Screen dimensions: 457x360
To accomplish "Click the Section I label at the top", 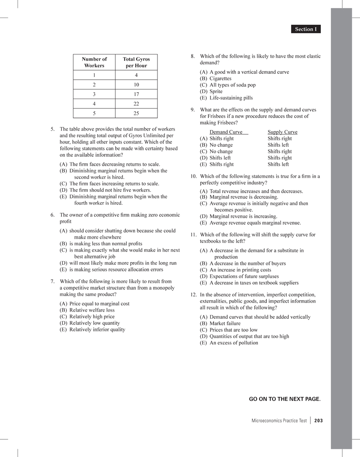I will click(306, 29).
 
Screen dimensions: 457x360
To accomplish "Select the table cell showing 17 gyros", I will click(136, 94).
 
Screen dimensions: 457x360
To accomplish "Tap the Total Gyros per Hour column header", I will click(136, 62).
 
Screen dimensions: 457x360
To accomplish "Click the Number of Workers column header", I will click(94, 62).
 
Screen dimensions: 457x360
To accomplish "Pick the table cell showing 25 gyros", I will click(136, 113).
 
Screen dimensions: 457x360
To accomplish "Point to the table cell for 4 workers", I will click(94, 104).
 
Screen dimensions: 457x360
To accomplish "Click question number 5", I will click(53, 129).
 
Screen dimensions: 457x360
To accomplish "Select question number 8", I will click(193, 56).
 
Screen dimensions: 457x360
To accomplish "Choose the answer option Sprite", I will click(219, 91).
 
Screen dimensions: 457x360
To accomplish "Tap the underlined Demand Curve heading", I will click(226, 132).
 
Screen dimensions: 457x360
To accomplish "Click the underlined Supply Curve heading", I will click(282, 132).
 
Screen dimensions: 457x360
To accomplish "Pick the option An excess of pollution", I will click(234, 343).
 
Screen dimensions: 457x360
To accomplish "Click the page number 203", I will click(319, 421).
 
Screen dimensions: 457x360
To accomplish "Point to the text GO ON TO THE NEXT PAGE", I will click(284, 399).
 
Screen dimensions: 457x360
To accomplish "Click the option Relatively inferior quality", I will click(97, 329).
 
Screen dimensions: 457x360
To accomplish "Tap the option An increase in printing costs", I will click(241, 270).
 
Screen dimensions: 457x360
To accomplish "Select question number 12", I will click(193, 295).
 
